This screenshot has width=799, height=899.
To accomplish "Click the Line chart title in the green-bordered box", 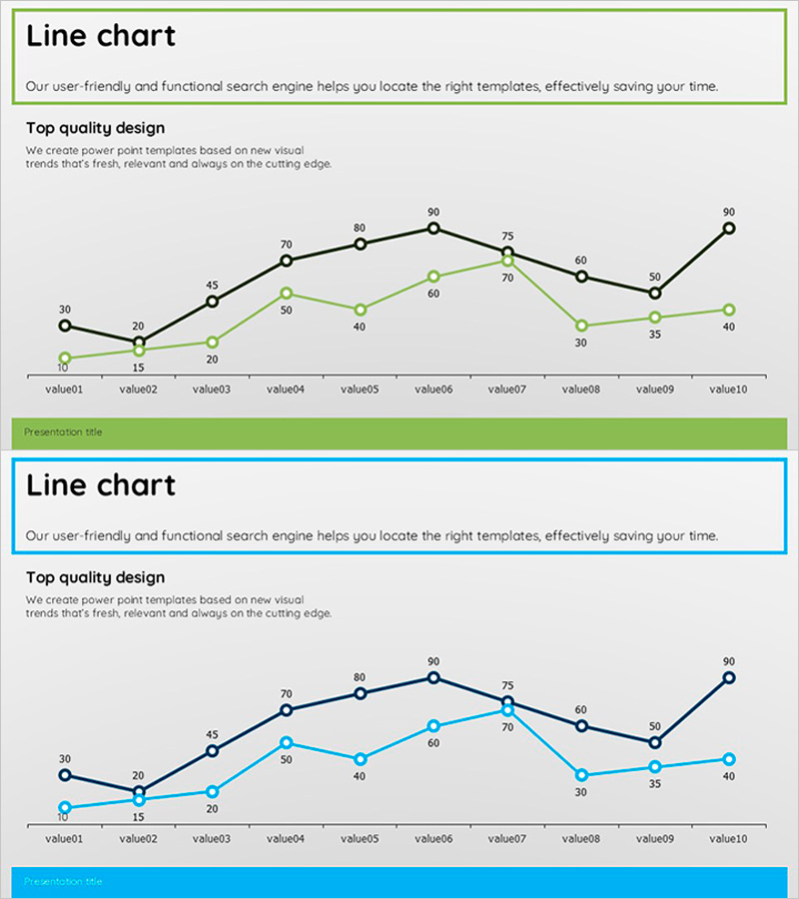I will click(x=101, y=37).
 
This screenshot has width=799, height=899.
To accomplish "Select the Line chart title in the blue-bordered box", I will click(x=101, y=486).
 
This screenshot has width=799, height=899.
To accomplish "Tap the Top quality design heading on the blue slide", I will click(x=95, y=577).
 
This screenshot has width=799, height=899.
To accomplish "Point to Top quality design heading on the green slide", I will click(x=95, y=128).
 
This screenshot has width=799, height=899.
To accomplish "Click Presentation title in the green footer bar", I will click(x=63, y=433).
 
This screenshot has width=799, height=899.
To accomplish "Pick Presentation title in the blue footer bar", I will click(x=63, y=882).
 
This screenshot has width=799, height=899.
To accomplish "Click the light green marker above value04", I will click(x=287, y=294).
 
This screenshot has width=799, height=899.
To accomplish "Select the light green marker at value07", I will click(x=507, y=261).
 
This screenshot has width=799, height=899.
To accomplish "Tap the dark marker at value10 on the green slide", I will click(x=729, y=228).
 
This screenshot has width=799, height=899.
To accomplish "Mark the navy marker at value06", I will click(x=433, y=677).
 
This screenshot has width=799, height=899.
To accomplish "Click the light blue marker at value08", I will click(x=581, y=775).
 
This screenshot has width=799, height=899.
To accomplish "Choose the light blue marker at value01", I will click(x=65, y=807).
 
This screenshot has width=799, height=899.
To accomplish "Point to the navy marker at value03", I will click(x=213, y=750).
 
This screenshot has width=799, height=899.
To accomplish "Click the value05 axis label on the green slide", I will click(x=360, y=390).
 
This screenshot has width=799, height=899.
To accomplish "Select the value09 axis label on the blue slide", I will click(x=654, y=839).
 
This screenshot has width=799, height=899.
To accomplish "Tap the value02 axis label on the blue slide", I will click(x=139, y=839).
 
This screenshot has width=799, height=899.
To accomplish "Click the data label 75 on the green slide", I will click(x=507, y=236).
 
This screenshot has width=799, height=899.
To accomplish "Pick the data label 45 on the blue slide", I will click(x=213, y=734).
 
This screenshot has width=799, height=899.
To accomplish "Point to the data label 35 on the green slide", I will click(x=654, y=335).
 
